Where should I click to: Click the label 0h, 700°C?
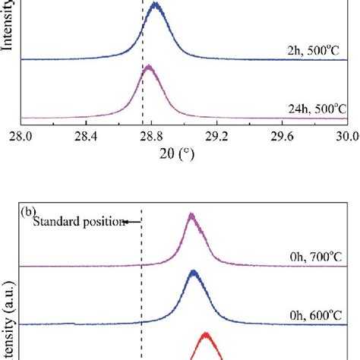(312, 258)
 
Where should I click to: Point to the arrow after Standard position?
(134, 222)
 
